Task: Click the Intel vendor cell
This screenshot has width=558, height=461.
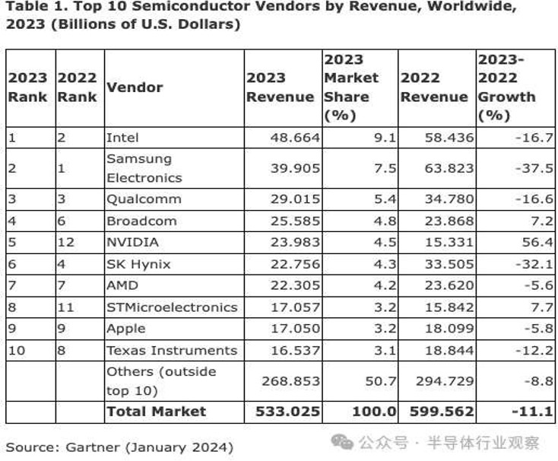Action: (x=122, y=138)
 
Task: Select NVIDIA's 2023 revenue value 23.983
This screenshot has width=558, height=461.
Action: (x=295, y=243)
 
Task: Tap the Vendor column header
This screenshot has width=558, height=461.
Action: (x=135, y=87)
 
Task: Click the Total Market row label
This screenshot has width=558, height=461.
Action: (x=157, y=412)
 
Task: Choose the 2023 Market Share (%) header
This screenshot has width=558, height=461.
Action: (x=351, y=87)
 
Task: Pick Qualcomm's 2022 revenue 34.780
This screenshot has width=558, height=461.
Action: (x=448, y=199)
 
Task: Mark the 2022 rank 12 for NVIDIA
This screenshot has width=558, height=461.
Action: (x=65, y=243)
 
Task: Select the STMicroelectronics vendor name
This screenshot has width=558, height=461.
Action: (x=172, y=307)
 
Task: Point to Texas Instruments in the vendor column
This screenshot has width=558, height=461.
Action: (x=172, y=350)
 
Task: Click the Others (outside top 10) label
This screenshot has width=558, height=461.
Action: (x=161, y=380)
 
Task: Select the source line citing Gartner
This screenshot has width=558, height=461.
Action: (x=119, y=447)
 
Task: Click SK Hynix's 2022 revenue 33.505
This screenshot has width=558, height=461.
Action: (x=448, y=264)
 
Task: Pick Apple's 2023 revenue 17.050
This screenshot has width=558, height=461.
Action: (x=295, y=329)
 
